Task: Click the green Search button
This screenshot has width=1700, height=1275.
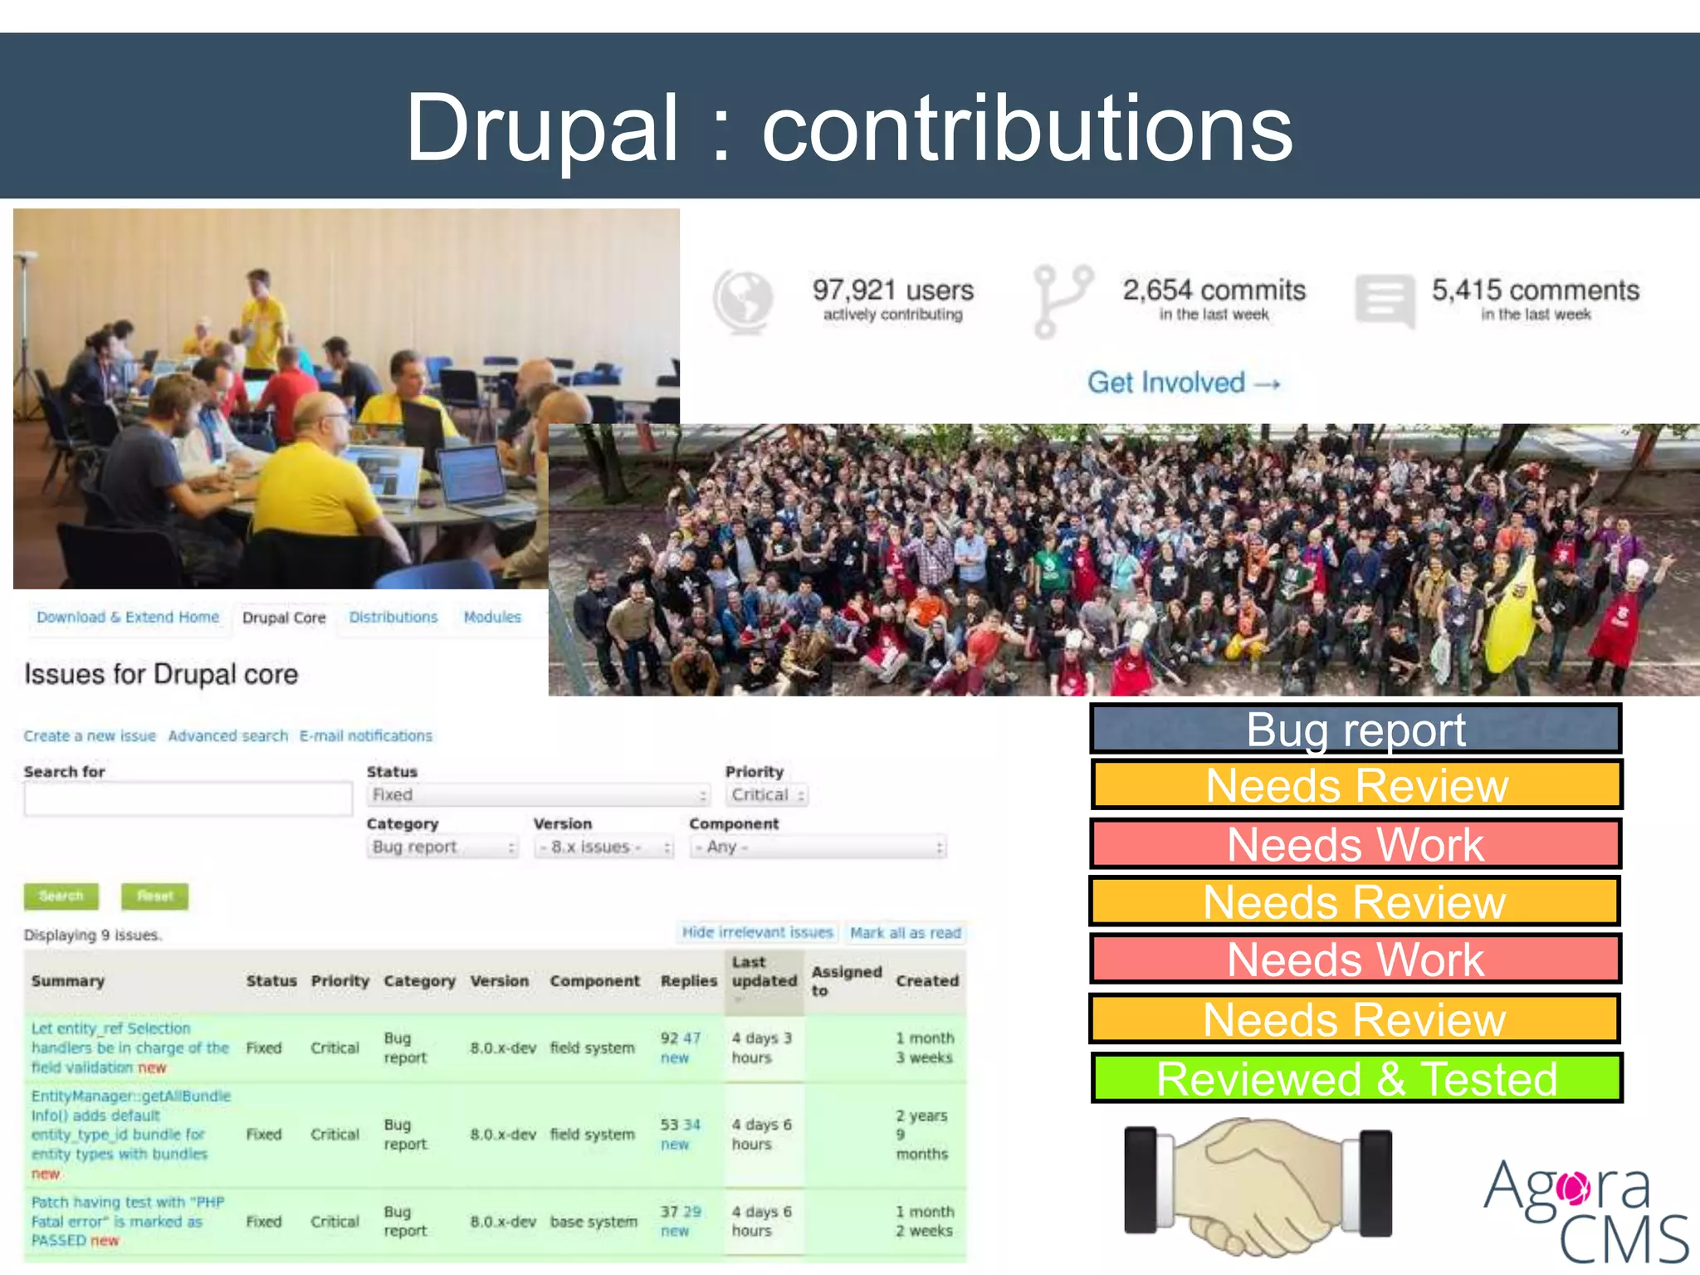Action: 61,896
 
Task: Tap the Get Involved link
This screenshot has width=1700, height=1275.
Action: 1184,383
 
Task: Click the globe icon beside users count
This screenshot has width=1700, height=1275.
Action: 743,300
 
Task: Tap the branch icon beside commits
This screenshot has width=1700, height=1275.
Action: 1062,300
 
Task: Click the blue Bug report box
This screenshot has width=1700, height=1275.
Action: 1356,730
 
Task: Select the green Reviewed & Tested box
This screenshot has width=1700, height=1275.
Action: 1356,1078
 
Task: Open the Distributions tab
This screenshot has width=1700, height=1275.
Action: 393,618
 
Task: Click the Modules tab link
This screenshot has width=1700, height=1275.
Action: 492,618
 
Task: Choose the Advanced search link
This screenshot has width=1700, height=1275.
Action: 227,736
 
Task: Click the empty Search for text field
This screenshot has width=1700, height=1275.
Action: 188,799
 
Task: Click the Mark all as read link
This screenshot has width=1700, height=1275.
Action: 905,933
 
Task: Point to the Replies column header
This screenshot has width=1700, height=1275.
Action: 688,981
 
